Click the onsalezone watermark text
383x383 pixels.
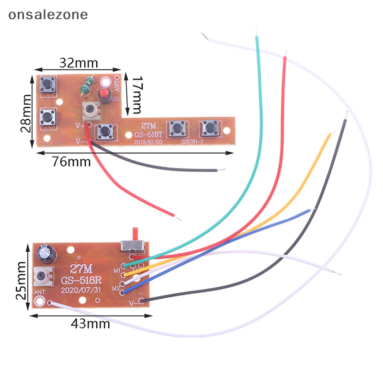48,14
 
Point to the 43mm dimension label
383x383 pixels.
90,324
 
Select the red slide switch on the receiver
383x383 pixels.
135,235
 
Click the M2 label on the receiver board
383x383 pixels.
116,288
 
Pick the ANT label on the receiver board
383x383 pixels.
39,293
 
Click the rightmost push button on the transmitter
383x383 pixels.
209,127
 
